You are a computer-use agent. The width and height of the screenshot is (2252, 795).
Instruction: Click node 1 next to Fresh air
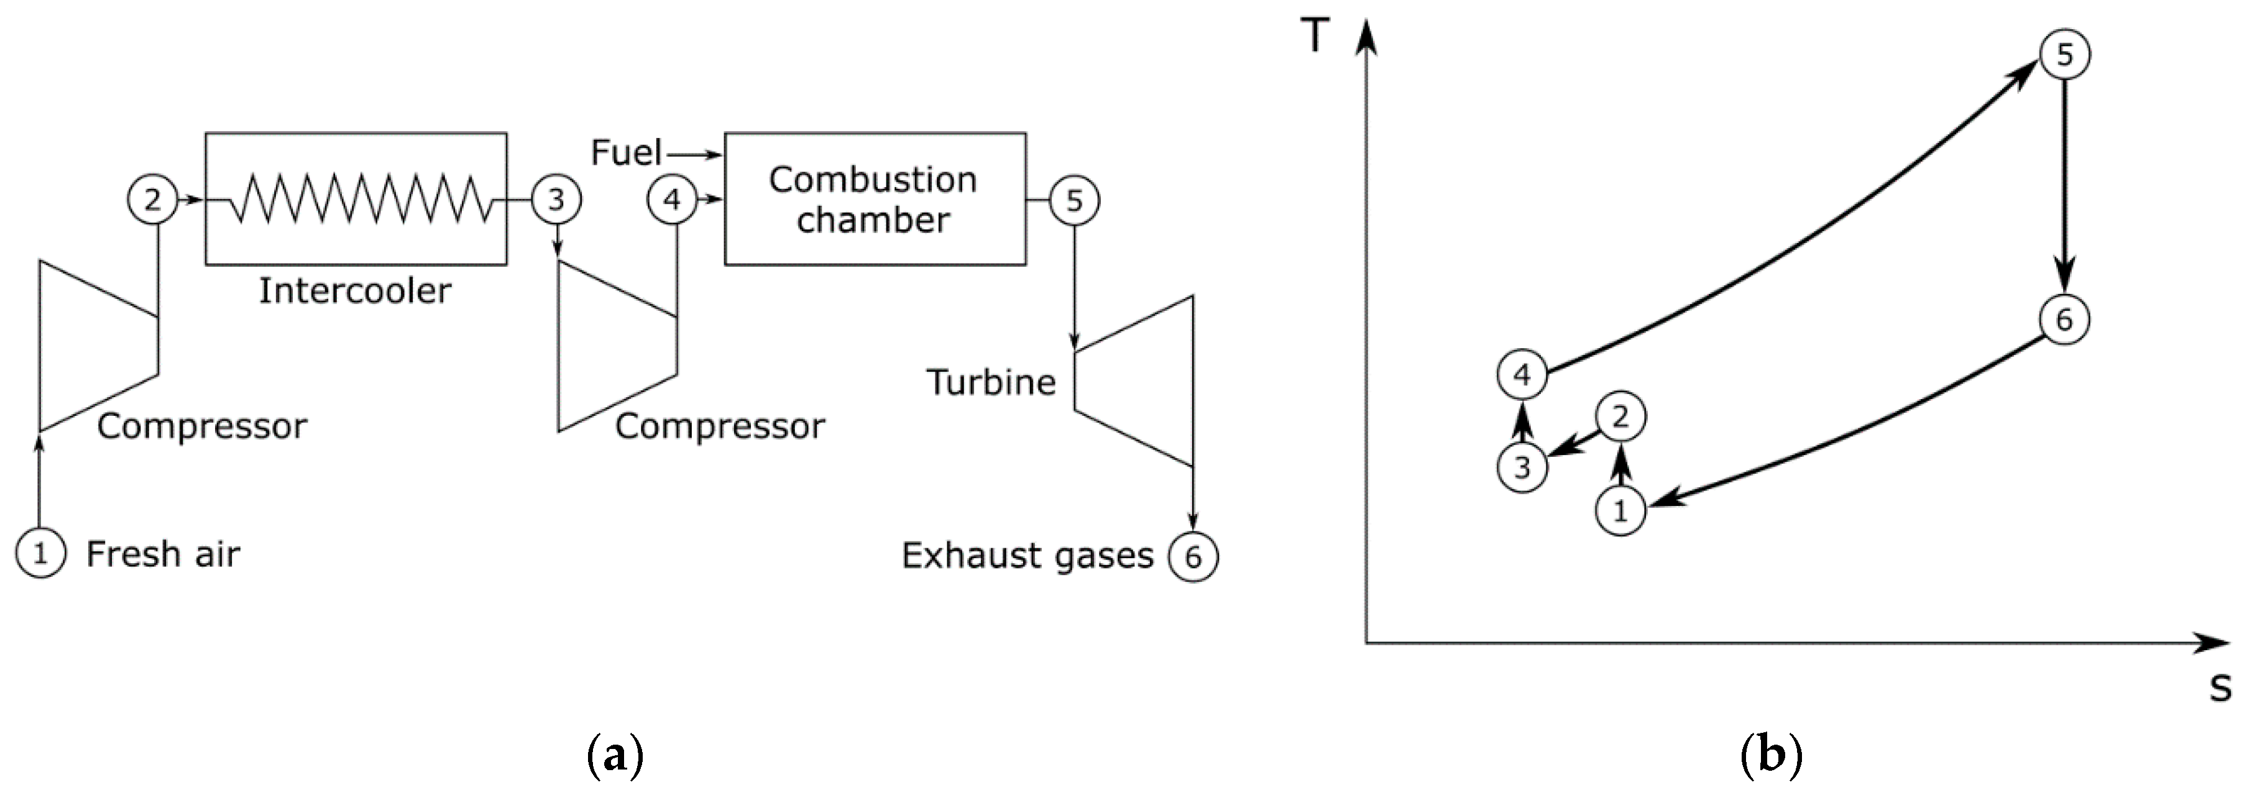click(40, 554)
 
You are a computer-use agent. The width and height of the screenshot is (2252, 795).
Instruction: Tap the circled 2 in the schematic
click(152, 200)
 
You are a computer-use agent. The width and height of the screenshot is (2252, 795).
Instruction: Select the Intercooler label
click(355, 290)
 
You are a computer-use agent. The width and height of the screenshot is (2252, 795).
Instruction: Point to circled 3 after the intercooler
click(556, 200)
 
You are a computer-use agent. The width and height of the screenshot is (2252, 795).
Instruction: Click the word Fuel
click(626, 153)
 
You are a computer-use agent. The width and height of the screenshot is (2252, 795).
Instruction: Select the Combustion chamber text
click(873, 200)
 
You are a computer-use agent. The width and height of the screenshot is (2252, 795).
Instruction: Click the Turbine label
click(991, 382)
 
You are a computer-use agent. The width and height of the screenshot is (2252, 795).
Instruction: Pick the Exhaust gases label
click(1027, 555)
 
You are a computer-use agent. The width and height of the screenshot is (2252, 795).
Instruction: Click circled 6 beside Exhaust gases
click(1193, 556)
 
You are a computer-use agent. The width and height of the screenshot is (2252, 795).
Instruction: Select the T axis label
click(1315, 37)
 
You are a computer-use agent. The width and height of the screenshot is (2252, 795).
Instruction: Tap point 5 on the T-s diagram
click(2064, 54)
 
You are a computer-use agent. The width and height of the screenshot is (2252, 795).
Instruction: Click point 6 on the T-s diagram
click(2064, 319)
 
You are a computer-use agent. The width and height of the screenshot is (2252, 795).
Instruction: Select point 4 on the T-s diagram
click(1522, 375)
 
